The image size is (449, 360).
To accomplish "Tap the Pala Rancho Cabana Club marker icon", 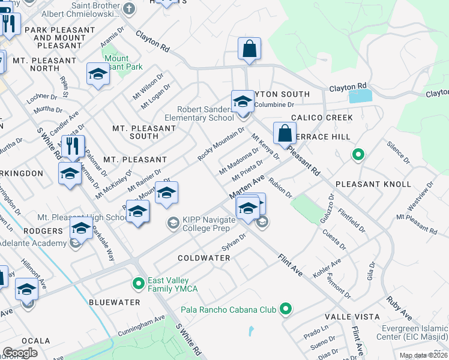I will (286, 310).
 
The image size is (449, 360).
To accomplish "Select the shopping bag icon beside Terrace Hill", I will (285, 133).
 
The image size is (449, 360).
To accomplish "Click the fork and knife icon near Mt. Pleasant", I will (73, 146).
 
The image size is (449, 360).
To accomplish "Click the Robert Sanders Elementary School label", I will (205, 113).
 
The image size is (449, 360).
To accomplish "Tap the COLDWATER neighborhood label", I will (204, 258).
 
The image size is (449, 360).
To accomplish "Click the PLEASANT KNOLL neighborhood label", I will (373, 184).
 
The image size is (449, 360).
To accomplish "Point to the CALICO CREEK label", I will (322, 118).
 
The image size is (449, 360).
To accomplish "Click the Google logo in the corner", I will (20, 353).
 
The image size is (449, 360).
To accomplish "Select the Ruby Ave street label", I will (399, 306).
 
